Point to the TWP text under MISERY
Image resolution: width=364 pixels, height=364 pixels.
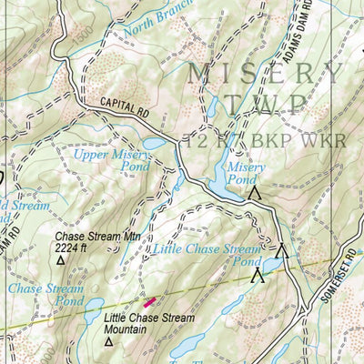[265, 106]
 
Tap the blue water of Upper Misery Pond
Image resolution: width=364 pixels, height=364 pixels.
[154, 144]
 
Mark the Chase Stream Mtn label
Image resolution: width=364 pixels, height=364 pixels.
[86, 237]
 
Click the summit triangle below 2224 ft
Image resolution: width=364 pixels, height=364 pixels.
[61, 260]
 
